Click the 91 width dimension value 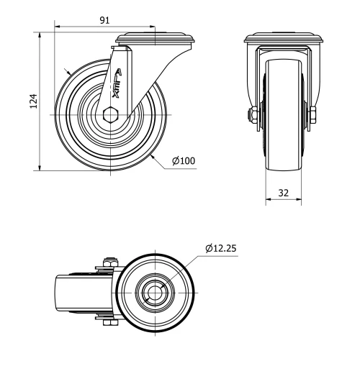pos(104,21)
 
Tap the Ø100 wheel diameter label pos(184,160)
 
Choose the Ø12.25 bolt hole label pos(221,248)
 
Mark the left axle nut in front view pos(253,115)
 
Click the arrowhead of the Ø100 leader pos(155,153)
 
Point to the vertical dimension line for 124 pos(40,101)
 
